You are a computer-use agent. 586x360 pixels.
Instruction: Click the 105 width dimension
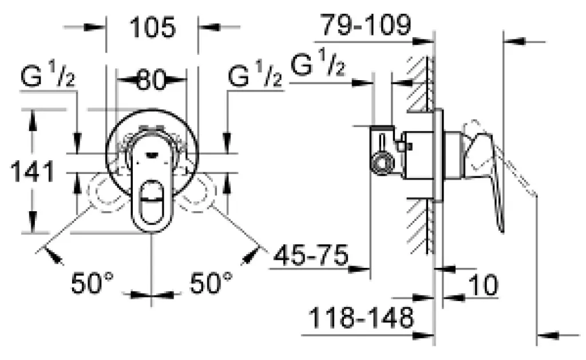click(x=152, y=27)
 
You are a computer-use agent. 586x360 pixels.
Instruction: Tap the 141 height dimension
click(x=33, y=172)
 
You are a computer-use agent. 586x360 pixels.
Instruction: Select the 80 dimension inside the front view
click(x=151, y=80)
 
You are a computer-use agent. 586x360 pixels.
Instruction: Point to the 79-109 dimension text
click(x=367, y=25)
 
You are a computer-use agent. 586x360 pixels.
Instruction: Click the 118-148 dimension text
click(x=362, y=318)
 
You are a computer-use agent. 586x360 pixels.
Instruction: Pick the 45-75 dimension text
click(x=311, y=256)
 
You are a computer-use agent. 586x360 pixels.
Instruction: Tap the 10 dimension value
click(x=483, y=285)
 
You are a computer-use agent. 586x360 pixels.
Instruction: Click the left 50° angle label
click(x=92, y=283)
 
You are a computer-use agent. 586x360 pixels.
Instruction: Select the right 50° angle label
click(x=211, y=283)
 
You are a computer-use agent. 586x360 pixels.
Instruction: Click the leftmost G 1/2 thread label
click(x=48, y=76)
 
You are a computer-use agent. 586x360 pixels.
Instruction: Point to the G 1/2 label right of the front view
click(x=255, y=75)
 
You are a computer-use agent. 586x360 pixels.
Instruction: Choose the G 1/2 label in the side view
click(x=318, y=63)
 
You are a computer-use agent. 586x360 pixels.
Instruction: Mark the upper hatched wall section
click(x=419, y=84)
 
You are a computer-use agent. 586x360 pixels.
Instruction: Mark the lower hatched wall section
click(x=419, y=226)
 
